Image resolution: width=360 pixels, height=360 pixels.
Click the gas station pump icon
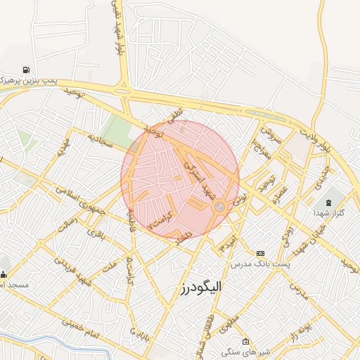click(26, 70)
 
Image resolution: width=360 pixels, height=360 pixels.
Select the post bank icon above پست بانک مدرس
click(261, 253)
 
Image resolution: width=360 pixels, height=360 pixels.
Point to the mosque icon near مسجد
click(4, 274)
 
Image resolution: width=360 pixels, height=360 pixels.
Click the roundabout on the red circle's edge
click(219, 206)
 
